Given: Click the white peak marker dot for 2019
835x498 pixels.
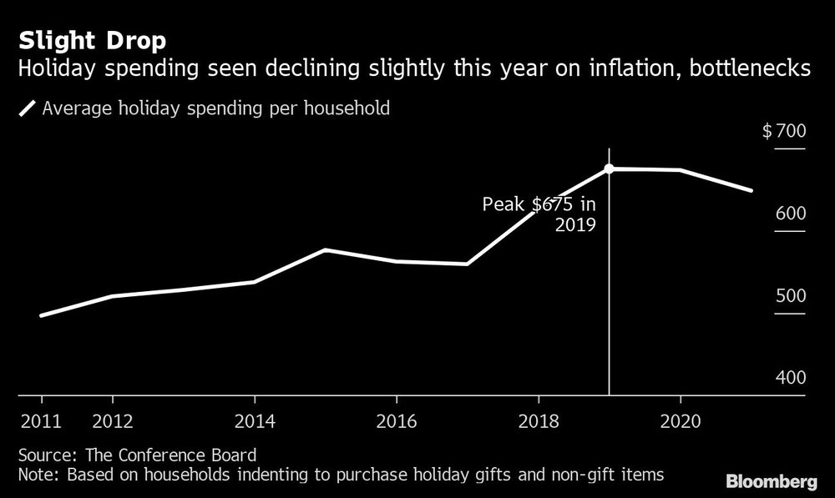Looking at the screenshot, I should pyautogui.click(x=609, y=169).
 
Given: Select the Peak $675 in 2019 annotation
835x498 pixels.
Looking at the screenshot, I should pyautogui.click(x=540, y=214).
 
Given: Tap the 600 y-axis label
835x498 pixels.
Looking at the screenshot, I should pyautogui.click(x=790, y=214).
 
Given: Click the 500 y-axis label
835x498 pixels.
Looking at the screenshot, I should pyautogui.click(x=790, y=296).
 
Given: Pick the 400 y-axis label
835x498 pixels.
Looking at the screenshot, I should pyautogui.click(x=790, y=378).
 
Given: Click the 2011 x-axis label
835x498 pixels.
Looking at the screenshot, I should pyautogui.click(x=41, y=420).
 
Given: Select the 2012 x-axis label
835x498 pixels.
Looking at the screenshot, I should pyautogui.click(x=113, y=420).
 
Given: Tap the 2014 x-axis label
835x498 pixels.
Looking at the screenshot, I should pyautogui.click(x=255, y=420).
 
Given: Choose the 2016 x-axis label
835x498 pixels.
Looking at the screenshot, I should pyautogui.click(x=397, y=420).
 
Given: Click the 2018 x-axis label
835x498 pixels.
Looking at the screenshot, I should pyautogui.click(x=539, y=420).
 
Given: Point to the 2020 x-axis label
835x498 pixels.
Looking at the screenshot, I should pyautogui.click(x=680, y=420).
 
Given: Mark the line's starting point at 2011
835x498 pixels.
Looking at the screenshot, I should pyautogui.click(x=41, y=315).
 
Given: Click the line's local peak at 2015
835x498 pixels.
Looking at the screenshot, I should pyautogui.click(x=325, y=249).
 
